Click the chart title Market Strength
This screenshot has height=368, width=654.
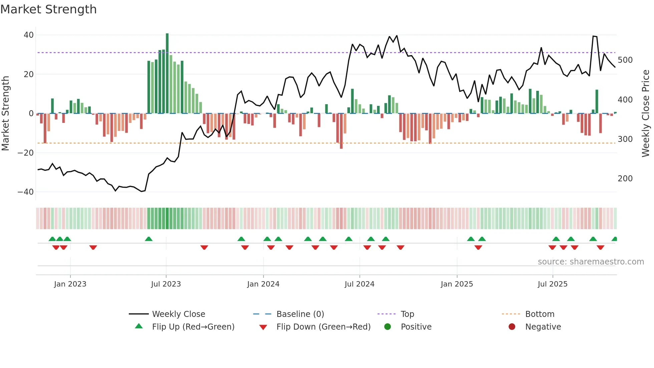pyautogui.click(x=49, y=9)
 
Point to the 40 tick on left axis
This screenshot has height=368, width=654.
pyautogui.click(x=29, y=35)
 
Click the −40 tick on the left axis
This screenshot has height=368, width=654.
pyautogui.click(x=26, y=192)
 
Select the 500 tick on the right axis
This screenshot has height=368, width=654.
pyautogui.click(x=625, y=60)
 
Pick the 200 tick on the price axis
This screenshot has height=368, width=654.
pyautogui.click(x=625, y=179)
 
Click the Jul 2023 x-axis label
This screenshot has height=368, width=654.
pyautogui.click(x=166, y=284)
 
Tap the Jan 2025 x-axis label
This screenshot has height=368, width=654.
pyautogui.click(x=456, y=284)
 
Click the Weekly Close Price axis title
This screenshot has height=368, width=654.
pyautogui.click(x=646, y=114)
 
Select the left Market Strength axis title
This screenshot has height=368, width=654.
pyautogui.click(x=5, y=114)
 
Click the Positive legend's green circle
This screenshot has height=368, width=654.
pyautogui.click(x=387, y=327)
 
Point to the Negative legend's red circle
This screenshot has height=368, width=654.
pyautogui.click(x=512, y=327)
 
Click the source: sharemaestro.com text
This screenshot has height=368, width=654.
pyautogui.click(x=591, y=262)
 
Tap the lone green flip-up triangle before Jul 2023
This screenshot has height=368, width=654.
pyautogui.click(x=149, y=239)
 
